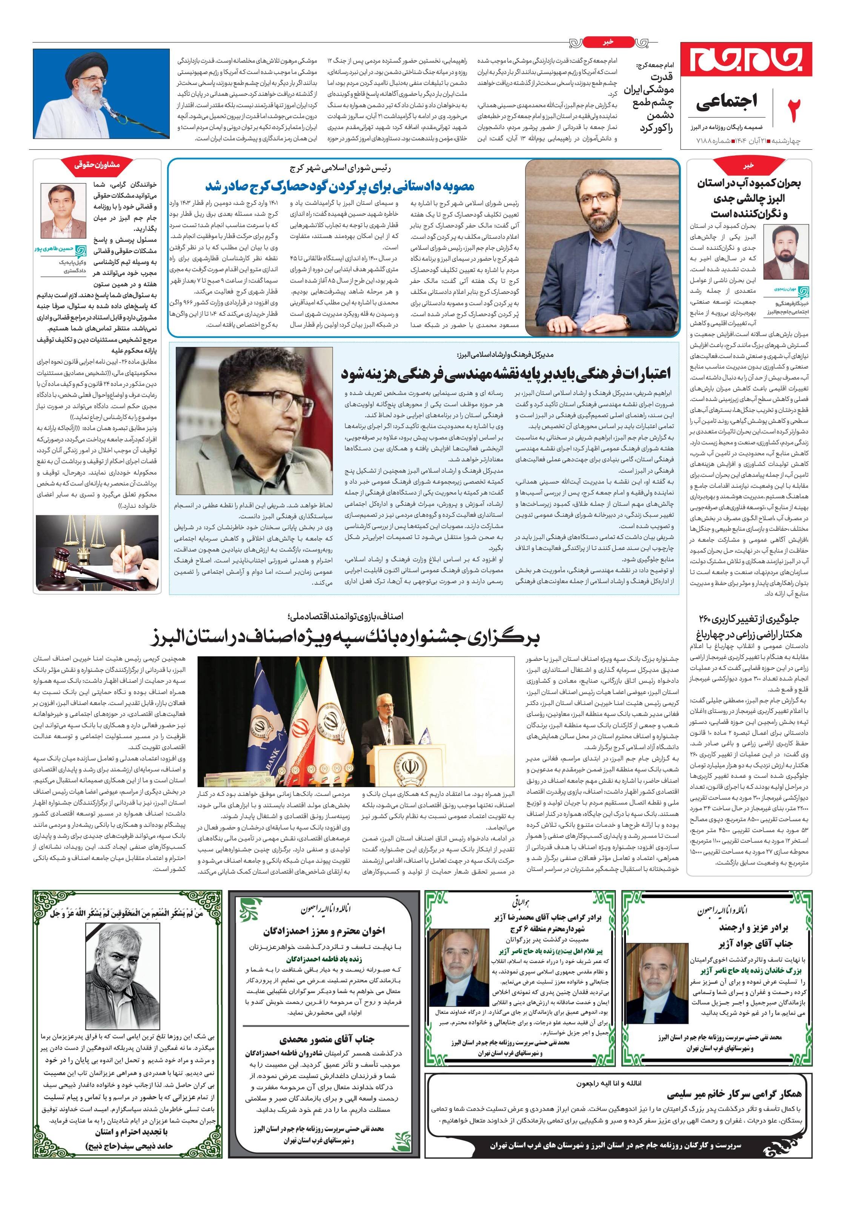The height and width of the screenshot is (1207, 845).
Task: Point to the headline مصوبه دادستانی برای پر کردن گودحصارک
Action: [340, 186]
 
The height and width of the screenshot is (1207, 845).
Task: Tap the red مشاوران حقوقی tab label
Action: [97, 164]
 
